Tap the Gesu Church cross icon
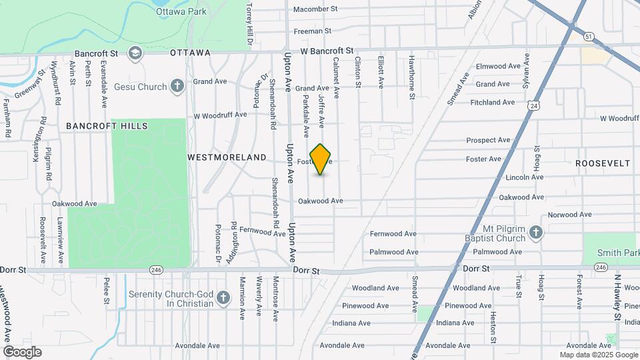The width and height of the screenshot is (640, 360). point(177,86)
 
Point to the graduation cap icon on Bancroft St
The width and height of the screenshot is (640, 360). point(135,53)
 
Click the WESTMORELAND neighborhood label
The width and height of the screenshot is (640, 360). point(227,157)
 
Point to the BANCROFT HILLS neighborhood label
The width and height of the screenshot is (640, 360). point(107,125)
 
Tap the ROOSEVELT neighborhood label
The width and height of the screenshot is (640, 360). point(603,163)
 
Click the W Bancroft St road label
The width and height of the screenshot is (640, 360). point(327,51)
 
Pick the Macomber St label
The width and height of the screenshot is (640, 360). point(316,9)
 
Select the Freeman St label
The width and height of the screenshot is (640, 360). point(313,31)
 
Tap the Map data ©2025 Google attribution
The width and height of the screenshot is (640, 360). point(589,355)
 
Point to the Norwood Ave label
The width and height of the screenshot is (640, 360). point(569,215)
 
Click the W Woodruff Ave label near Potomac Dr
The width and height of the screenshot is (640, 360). point(220,115)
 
